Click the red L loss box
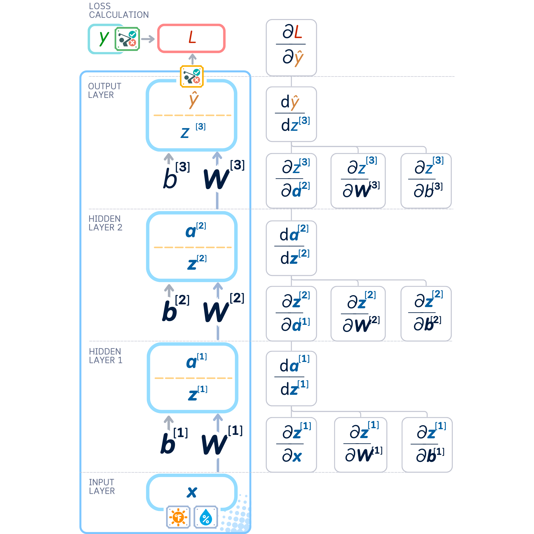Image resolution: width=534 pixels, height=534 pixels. (191, 38)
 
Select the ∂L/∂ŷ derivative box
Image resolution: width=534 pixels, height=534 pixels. (291, 48)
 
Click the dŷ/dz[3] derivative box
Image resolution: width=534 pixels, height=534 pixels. (291, 114)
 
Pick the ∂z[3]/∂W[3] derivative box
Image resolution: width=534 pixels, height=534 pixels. (358, 180)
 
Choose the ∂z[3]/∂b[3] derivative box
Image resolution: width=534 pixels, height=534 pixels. (426, 180)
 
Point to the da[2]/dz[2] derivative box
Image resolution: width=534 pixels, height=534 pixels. (291, 248)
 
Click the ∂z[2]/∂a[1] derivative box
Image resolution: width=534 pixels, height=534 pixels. (291, 313)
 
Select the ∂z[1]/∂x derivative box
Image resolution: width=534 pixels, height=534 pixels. (291, 445)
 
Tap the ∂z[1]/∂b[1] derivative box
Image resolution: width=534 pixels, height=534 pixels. (427, 445)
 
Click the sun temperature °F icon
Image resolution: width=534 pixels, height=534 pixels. (178, 517)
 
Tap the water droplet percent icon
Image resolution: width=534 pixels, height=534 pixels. (206, 517)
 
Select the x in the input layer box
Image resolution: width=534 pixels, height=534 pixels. (192, 492)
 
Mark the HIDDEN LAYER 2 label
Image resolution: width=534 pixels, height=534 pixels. (105, 223)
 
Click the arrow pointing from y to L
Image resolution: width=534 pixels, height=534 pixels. (148, 39)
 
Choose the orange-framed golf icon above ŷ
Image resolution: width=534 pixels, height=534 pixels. (192, 76)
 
